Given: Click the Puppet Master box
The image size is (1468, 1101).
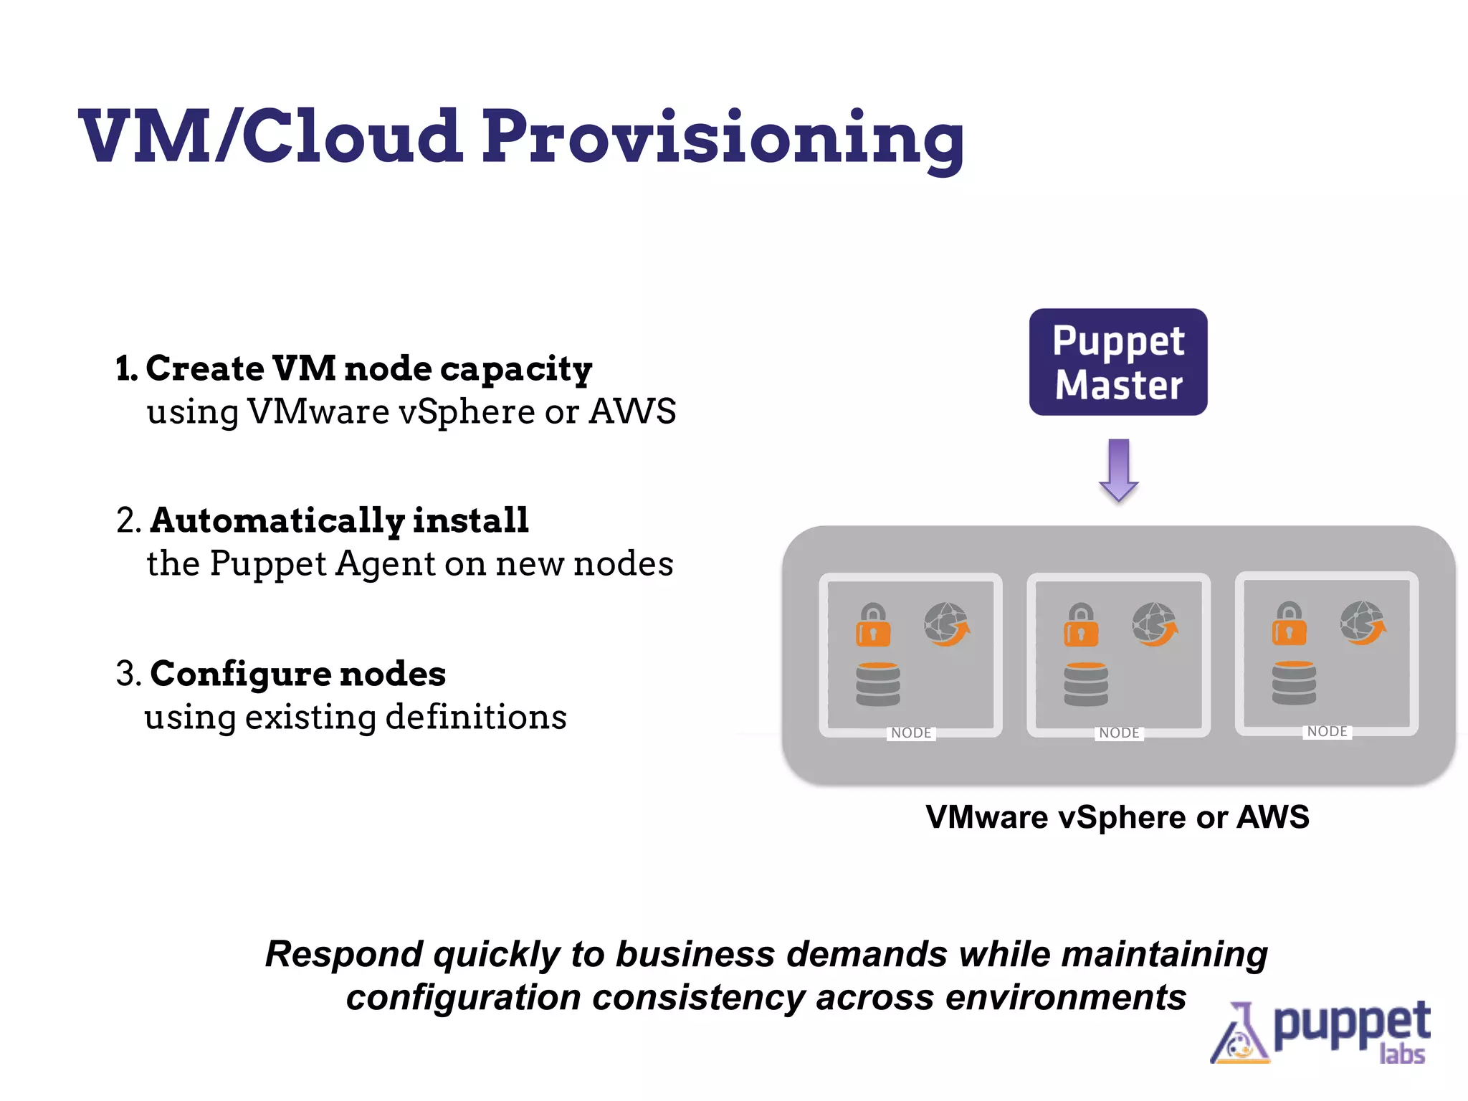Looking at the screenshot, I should [x=1118, y=362].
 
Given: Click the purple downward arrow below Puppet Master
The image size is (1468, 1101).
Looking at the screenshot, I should [x=1118, y=470].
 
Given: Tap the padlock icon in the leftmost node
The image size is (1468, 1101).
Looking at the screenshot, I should [x=873, y=625].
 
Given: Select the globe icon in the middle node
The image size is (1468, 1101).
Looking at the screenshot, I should [x=1154, y=624].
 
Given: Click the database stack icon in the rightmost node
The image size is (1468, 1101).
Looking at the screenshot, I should [x=1294, y=683].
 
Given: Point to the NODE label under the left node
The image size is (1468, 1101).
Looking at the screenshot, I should [x=911, y=733].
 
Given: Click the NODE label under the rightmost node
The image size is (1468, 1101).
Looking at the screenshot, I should [x=1327, y=731].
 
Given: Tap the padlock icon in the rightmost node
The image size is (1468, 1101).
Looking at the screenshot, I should [x=1289, y=624].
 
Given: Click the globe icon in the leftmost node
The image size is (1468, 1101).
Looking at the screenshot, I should [x=946, y=624].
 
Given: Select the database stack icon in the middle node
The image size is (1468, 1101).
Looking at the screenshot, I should [x=1086, y=685].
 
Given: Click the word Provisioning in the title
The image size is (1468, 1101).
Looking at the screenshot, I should [x=723, y=138].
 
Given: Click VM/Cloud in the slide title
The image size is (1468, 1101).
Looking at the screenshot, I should [x=270, y=136].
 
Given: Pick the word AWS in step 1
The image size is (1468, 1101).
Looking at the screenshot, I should [x=632, y=411].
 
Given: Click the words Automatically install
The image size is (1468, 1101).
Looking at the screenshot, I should [x=339, y=520].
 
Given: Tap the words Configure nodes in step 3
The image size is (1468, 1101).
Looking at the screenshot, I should [x=298, y=674].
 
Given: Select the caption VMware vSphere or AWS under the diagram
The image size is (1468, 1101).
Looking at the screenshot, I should [x=1117, y=817].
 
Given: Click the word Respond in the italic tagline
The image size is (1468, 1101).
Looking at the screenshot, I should [x=344, y=954].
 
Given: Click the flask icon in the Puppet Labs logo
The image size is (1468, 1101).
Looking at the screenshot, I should [x=1239, y=1035].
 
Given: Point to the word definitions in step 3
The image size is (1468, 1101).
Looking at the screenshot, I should [x=476, y=717].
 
